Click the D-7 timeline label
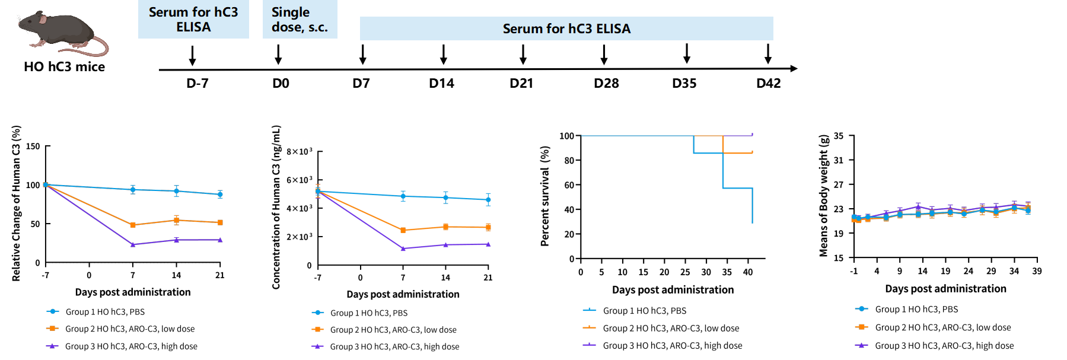point(198,84)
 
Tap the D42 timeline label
point(769,84)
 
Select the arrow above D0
point(278,55)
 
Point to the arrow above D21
point(523,55)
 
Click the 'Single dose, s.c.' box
point(300,20)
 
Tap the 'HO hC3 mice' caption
point(65,67)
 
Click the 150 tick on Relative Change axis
point(33,146)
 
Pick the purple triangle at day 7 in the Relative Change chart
point(133,244)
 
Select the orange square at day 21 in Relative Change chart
point(220,222)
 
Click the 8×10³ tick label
point(300,152)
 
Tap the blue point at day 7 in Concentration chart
point(403,196)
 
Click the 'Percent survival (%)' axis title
point(545,196)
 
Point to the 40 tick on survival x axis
point(748,272)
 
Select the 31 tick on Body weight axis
point(839,160)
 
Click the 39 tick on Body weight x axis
point(1037,271)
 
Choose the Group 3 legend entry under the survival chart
point(663,345)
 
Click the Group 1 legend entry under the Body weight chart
point(907,309)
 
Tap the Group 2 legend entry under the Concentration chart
point(384,330)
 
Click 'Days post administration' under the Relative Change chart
point(133,292)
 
